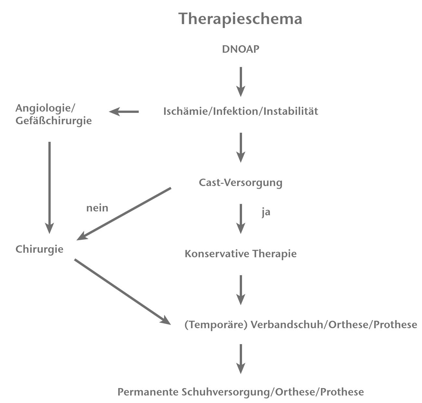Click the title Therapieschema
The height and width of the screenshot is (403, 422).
point(240,19)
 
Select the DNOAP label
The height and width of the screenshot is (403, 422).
point(240,49)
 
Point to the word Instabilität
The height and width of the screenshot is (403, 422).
point(291,112)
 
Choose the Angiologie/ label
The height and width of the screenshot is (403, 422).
point(45,108)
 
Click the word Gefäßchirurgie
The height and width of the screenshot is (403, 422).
point(54,121)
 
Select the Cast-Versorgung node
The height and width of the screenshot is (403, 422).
point(240,182)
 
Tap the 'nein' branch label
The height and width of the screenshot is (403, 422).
point(97,208)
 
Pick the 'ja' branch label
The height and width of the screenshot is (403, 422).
point(266,212)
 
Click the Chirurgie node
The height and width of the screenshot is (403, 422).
point(39,249)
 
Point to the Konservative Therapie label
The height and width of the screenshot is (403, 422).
point(240,254)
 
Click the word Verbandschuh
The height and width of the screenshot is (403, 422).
point(287,325)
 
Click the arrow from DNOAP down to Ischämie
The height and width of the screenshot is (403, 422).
point(240,81)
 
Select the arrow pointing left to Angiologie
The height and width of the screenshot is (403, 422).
point(124,112)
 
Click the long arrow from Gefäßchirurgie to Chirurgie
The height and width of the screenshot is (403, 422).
point(49,187)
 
